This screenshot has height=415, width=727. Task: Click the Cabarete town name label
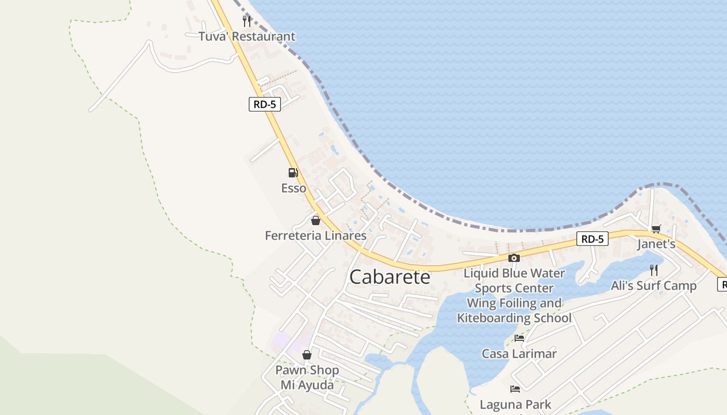click(390, 277)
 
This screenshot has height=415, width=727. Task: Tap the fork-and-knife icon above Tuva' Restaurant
click(247, 21)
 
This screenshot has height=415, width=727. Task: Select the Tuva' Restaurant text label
click(247, 36)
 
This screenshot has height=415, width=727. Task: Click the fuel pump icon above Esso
click(293, 173)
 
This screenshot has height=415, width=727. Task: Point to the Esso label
click(294, 188)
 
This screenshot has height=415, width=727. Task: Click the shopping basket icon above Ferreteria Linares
click(315, 220)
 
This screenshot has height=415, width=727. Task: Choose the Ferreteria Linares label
click(316, 236)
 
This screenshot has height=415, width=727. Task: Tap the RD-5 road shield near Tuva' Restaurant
click(264, 104)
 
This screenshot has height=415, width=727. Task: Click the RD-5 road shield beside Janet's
click(592, 239)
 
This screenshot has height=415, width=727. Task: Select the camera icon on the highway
click(514, 258)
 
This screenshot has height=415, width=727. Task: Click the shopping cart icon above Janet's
click(656, 229)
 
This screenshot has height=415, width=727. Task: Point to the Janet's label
click(656, 244)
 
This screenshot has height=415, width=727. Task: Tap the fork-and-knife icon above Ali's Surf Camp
click(654, 270)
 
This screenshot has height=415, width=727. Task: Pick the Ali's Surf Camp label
click(654, 285)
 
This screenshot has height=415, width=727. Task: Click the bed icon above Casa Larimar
click(519, 339)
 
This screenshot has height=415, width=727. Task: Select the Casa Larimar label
click(519, 354)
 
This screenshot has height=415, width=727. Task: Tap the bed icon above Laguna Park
click(515, 389)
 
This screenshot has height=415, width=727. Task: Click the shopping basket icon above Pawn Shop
click(307, 355)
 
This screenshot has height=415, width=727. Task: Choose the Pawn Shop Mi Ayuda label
click(307, 378)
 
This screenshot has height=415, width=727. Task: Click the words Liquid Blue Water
click(514, 273)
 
